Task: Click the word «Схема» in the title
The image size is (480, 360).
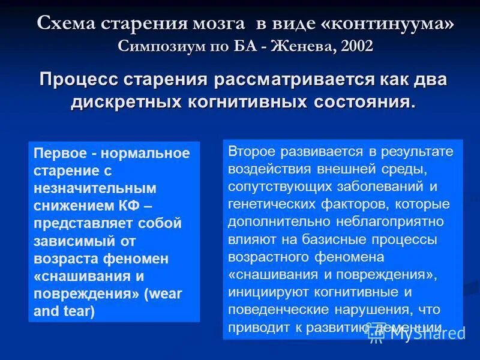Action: tap(64, 23)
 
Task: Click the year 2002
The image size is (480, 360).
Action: tap(356, 46)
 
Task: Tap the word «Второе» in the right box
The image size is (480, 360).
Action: tap(250, 151)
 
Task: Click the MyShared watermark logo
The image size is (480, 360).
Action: tap(418, 334)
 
